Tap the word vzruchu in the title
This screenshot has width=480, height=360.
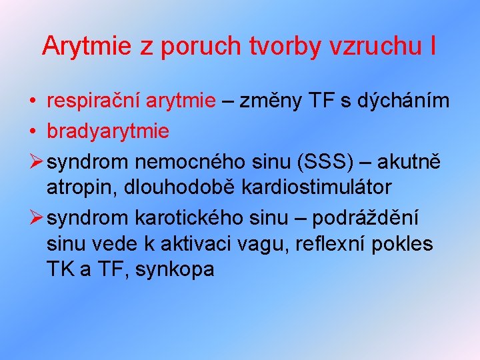point(374,46)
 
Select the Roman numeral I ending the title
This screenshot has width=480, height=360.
point(433,46)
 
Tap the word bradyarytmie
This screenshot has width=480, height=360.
point(108,131)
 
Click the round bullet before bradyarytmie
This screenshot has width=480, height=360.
point(33,131)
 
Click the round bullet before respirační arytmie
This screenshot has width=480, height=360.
point(33,101)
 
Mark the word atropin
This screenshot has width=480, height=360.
point(79,187)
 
